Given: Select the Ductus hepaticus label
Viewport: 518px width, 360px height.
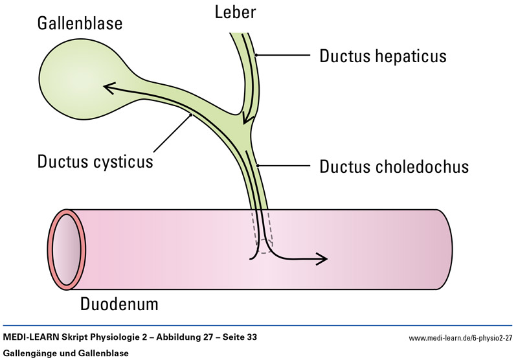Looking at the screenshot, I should tap(383, 56).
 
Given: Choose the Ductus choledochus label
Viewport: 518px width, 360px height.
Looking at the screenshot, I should tap(394, 166).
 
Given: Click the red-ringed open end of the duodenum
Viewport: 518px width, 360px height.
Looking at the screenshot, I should tap(66, 249).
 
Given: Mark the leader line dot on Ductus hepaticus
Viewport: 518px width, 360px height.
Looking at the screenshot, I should tap(256, 56).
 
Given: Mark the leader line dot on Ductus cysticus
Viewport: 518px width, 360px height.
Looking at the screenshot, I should tap(190, 115).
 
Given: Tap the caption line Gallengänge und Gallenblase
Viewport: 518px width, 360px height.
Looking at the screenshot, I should tap(66, 353).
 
